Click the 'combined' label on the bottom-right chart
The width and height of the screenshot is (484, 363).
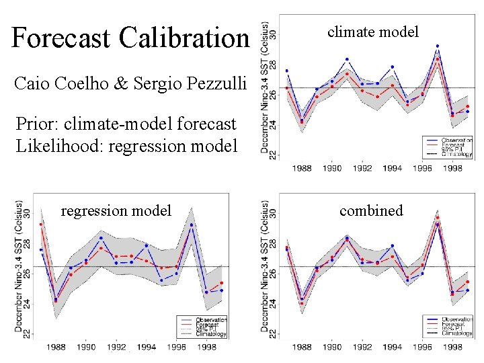click(x=371, y=210)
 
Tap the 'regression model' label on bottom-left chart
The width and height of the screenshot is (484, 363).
click(x=116, y=210)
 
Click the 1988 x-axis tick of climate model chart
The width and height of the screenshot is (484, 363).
click(x=302, y=168)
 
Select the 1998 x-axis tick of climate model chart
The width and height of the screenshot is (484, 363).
click(x=454, y=168)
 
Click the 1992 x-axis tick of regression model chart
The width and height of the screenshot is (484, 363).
click(x=116, y=348)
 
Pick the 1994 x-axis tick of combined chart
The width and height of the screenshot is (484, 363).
click(x=393, y=348)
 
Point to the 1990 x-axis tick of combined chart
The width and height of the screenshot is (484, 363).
click(x=331, y=348)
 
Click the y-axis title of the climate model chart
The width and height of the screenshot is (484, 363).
click(x=266, y=87)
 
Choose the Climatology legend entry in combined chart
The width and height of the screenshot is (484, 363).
click(x=456, y=333)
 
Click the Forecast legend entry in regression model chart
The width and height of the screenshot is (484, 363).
click(x=209, y=324)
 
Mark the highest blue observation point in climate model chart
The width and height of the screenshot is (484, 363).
click(x=438, y=46)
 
